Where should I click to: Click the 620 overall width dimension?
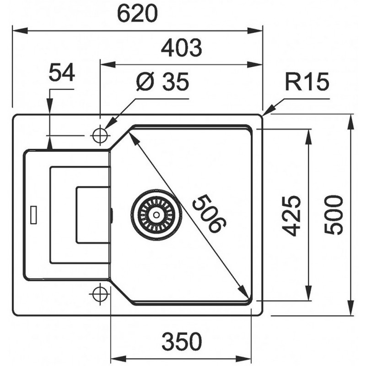[x=137, y=14]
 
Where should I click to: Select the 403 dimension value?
[x=182, y=48]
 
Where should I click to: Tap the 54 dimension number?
[x=61, y=73]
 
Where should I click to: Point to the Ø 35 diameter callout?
[x=162, y=83]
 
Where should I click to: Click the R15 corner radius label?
[x=307, y=83]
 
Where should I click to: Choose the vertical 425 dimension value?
[x=291, y=215]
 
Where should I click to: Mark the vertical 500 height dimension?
[x=334, y=215]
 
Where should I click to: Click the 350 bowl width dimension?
[x=181, y=341]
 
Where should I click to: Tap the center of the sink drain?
[x=156, y=214]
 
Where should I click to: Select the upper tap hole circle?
[x=99, y=135]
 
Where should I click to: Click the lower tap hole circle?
[x=99, y=294]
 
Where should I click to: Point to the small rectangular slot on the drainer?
[x=33, y=215]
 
